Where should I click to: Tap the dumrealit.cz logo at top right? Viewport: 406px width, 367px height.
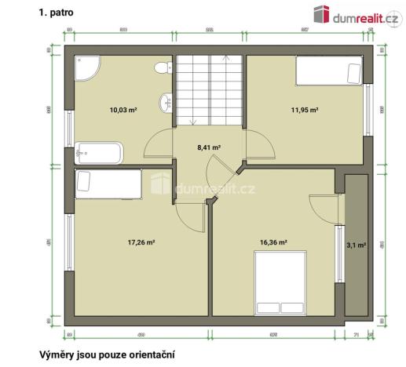coord(353,13)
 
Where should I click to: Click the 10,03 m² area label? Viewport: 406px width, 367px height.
coord(123,111)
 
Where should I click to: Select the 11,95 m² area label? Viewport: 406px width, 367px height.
coord(303,111)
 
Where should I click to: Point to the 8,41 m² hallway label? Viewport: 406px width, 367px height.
coord(208,147)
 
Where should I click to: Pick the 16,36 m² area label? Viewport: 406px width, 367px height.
coord(272,242)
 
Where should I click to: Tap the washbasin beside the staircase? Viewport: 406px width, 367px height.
coord(166,103)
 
